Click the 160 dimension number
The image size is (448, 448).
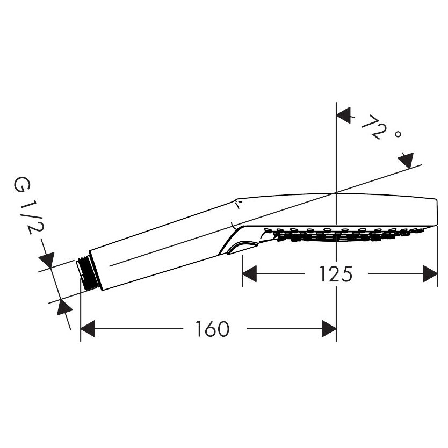pyautogui.click(x=212, y=329)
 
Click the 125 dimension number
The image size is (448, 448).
pyautogui.click(x=336, y=274)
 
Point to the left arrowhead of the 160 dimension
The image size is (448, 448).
pyautogui.click(x=88, y=329)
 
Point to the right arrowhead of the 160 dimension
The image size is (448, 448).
pyautogui.click(x=329, y=329)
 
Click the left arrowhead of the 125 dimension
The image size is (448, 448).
pyautogui.click(x=249, y=274)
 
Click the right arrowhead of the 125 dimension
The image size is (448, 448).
pyautogui.click(x=431, y=274)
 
